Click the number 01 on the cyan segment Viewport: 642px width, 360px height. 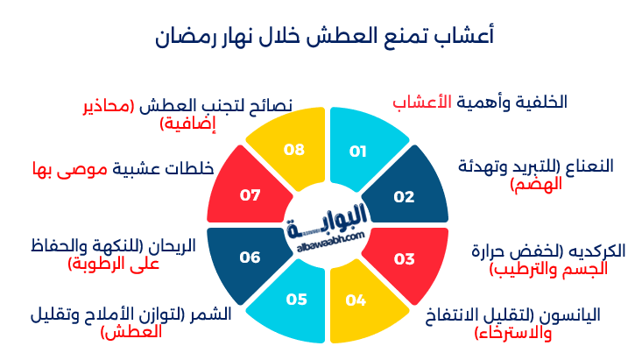[x=357, y=152]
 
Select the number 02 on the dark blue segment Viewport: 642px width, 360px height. [x=404, y=197]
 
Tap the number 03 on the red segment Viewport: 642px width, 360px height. [x=404, y=259]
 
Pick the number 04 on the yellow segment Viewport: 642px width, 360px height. [x=356, y=300]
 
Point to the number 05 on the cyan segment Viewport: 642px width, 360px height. [x=296, y=300]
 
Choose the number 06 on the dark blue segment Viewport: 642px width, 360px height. [x=250, y=258]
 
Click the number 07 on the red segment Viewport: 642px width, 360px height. [x=250, y=195]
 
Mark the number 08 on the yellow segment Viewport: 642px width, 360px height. [x=294, y=150]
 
